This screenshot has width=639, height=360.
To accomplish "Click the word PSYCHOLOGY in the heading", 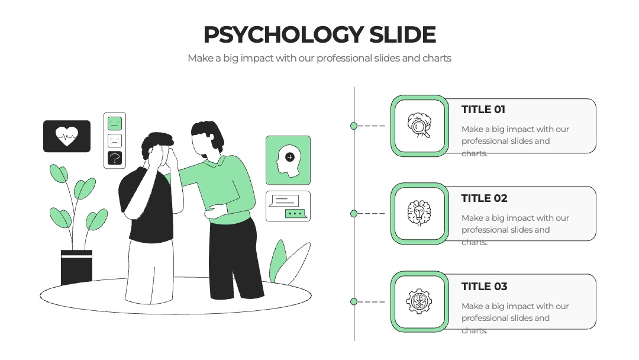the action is pos(283,35).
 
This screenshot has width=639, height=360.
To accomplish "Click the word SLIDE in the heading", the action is pos(403,35).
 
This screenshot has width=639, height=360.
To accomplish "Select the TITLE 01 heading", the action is pos(483,110).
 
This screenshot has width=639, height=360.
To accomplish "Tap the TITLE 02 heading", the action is pos(484,198).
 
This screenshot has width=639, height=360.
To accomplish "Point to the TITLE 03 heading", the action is pos(484,287).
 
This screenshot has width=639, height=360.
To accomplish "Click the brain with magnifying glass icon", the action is pos(419,125).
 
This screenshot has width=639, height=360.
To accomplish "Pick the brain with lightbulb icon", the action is pos(419,213).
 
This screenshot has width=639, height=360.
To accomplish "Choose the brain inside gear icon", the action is pos(419,301).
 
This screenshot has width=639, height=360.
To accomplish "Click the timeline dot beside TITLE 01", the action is pos(354,126).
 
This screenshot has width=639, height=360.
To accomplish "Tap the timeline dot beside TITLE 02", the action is pos(354,214).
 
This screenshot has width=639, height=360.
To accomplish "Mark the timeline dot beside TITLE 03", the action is pos(354,302).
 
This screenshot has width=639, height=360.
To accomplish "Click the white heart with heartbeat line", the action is pos(67,136).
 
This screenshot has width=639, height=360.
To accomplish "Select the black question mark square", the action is pos(115,158).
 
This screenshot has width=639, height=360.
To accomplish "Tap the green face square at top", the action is pos(115,123).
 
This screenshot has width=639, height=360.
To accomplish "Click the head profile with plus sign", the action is pos(288,161).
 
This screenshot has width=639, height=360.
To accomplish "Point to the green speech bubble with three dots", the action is pos(295,214).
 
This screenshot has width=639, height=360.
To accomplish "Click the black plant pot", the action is pos(76,267).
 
